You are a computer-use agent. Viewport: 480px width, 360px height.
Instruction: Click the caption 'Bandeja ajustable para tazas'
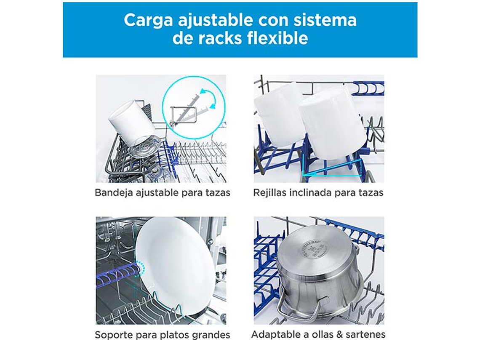(163, 193)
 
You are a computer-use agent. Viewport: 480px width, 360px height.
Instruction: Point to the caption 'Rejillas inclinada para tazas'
(318, 193)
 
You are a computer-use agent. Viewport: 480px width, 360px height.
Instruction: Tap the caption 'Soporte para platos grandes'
(163, 335)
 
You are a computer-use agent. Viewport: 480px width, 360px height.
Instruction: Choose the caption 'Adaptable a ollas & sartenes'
(318, 334)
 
